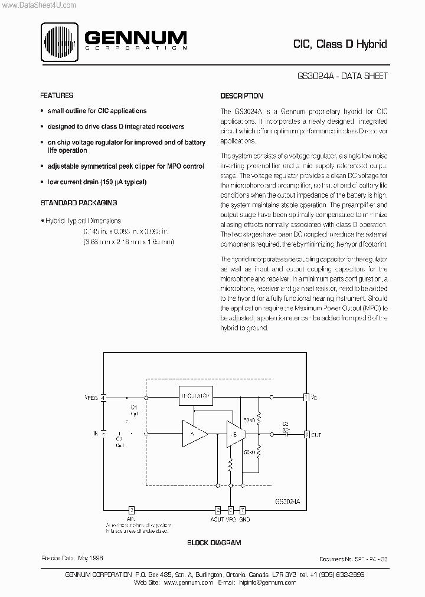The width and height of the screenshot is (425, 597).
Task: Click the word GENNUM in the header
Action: pyautogui.click(x=135, y=38)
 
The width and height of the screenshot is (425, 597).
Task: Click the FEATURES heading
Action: pyautogui.click(x=57, y=96)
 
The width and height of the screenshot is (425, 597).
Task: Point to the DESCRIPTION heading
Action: pyautogui.click(x=241, y=96)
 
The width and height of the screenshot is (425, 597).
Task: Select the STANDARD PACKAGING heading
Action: pyautogui.click(x=79, y=202)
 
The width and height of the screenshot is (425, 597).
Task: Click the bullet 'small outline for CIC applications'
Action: pyautogui.click(x=97, y=111)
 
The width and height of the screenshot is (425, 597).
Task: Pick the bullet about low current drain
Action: pyautogui.click(x=97, y=182)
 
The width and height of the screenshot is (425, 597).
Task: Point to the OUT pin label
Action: pyautogui.click(x=316, y=435)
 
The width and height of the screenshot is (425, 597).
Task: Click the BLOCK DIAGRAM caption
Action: pyautogui.click(x=214, y=542)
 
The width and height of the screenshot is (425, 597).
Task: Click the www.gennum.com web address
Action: pyautogui.click(x=188, y=582)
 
